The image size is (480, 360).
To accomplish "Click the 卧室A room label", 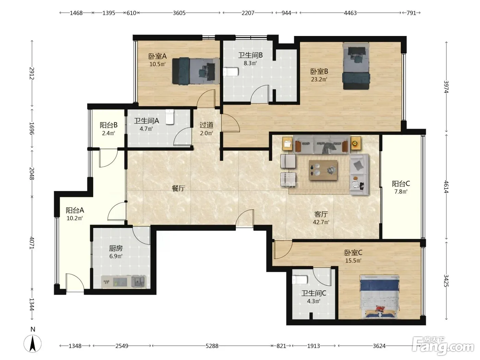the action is tap(157, 56).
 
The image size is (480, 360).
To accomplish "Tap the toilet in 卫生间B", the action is tap(230, 72).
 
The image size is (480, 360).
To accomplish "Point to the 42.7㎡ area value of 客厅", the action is tap(321, 222).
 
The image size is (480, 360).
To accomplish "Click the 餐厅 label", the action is tap(178, 188).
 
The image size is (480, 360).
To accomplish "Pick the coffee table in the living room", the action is tap(323, 170).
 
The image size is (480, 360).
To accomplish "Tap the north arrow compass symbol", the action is tap(33, 344).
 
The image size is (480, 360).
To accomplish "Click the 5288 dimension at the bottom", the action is tap(212, 346).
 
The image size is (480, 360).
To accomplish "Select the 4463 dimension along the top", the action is tap(350, 13).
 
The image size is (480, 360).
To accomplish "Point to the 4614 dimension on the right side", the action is tap(446, 187).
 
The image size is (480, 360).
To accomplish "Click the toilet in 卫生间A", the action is tap(170, 117).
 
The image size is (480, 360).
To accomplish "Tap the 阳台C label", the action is tap(401, 184).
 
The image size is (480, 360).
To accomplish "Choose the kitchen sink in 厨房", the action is tap(138, 281).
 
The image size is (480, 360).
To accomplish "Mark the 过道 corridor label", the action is tap(206, 125).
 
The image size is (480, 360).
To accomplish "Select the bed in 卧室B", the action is tap(356, 66).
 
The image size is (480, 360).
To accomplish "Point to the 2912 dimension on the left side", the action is tap(32, 73).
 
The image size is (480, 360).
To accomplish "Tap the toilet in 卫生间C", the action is tap(300, 280).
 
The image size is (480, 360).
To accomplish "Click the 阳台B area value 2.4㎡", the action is tap(108, 133).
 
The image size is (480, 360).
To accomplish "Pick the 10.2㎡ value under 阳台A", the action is tap(75, 218).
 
